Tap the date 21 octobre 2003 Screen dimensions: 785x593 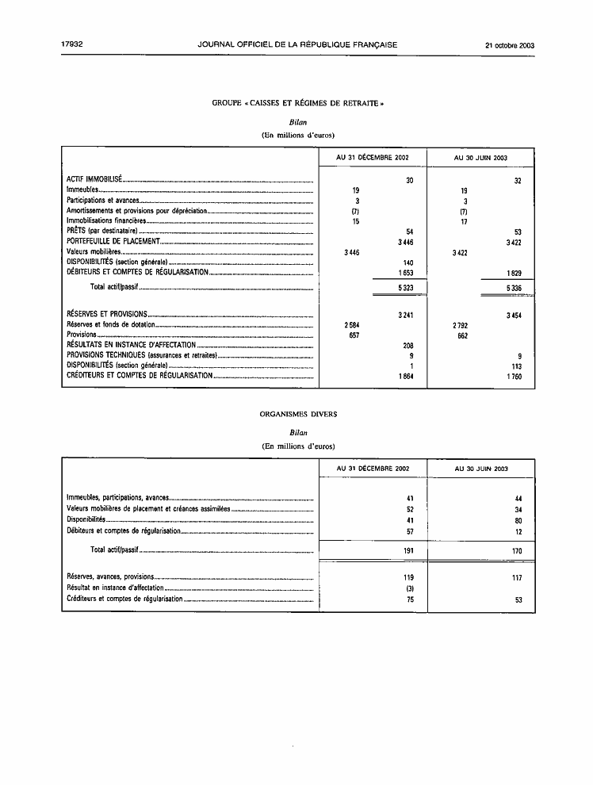coord(510,45)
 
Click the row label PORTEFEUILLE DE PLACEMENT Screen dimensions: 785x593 coord(114,241)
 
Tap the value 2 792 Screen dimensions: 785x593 coord(459,325)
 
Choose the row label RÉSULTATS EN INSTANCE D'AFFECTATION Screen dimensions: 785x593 coord(131,346)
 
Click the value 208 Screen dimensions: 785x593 coord(408,346)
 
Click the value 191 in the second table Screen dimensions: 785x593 coord(409,549)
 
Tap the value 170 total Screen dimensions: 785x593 coord(515,549)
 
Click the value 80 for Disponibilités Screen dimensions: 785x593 coord(517,519)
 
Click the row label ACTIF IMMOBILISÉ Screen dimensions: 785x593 coord(94,180)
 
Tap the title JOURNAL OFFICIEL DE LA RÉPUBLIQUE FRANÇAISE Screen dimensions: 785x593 coord(297,45)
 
